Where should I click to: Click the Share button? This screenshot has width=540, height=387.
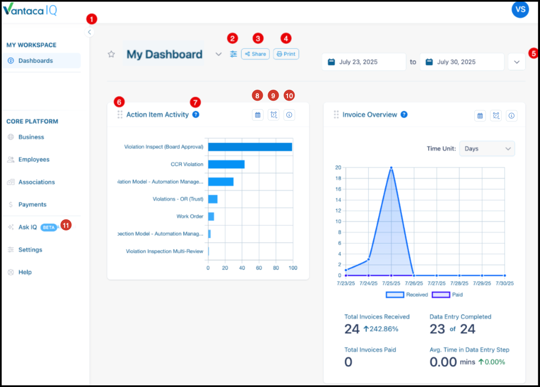255,54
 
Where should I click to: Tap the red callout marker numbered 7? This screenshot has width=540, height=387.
195,102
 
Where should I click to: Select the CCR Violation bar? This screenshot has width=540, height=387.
227,164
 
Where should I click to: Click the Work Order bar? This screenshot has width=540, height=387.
211,216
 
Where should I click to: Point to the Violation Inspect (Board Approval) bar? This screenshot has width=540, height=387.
250,147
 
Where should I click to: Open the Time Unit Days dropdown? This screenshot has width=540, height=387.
487,148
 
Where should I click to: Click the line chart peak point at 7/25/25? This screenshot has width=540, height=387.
391,168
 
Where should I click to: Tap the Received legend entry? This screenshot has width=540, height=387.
407,295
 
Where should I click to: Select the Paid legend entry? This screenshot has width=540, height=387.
447,295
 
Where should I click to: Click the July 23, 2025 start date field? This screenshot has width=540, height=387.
364,62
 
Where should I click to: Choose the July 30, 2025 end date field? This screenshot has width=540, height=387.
462,62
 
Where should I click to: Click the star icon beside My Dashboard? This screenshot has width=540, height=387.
111,54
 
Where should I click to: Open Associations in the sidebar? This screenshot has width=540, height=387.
37,182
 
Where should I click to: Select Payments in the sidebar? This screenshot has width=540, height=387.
32,204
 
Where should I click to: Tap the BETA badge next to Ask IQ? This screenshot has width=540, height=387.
49,227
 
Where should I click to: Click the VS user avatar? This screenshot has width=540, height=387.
520,10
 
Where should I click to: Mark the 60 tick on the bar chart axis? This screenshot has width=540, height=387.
259,268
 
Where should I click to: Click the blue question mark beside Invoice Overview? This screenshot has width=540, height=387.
404,115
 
